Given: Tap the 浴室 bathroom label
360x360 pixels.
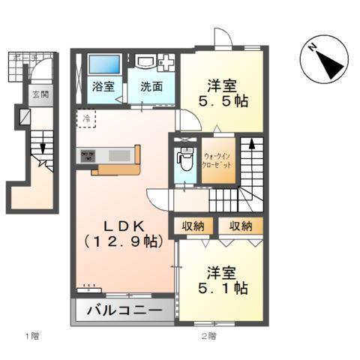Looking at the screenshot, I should pyautogui.click(x=103, y=85).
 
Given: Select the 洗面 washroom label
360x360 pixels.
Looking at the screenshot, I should pyautogui.click(x=151, y=85).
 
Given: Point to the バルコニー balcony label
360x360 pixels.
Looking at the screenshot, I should pyautogui.click(x=122, y=310).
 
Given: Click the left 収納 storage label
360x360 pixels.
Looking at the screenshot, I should pyautogui.click(x=192, y=226).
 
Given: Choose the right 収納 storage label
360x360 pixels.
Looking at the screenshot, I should pyautogui.click(x=240, y=226).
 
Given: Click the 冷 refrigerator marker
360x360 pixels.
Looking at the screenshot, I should pyautogui.click(x=87, y=118).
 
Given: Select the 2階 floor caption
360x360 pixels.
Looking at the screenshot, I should pyautogui.click(x=208, y=335).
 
